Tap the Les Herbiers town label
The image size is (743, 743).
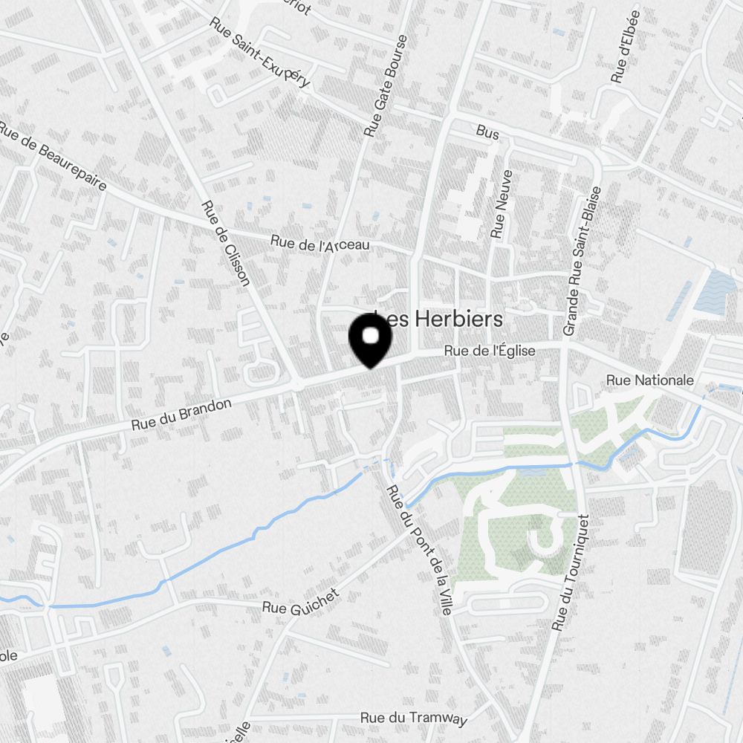pos(438,319)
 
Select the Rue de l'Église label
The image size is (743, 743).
pos(490,351)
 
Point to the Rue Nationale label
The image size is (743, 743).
pos(650,380)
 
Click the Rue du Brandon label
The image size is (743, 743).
pos(181,415)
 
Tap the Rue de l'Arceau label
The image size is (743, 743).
pos(319,243)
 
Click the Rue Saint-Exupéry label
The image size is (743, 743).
pos(260,53)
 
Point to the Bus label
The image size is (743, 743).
pos(487,133)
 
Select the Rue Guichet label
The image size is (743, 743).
pos(301,602)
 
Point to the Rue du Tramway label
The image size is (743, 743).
pos(414,718)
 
